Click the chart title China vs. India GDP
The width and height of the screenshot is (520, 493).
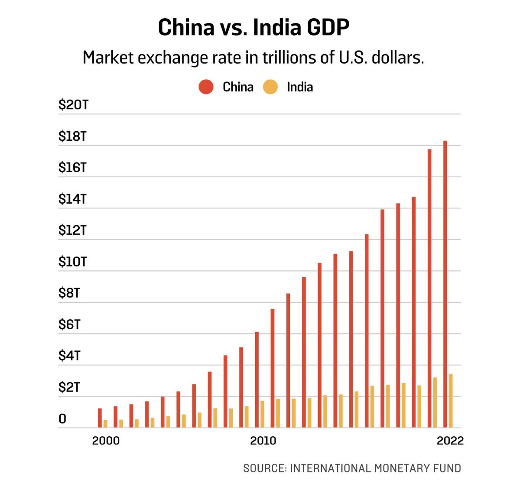[x=253, y=27]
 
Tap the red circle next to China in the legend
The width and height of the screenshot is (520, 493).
[x=206, y=87]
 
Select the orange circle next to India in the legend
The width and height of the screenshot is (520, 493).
[x=270, y=87]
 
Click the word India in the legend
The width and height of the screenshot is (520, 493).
[x=299, y=87]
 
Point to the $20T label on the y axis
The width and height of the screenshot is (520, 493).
[x=73, y=105]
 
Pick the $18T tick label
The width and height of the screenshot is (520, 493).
[x=72, y=136]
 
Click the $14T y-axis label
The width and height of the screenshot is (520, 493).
[x=72, y=199]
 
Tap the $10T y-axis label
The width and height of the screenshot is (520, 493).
[x=72, y=262]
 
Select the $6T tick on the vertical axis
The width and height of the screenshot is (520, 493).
[x=69, y=324]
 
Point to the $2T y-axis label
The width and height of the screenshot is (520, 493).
[x=69, y=387]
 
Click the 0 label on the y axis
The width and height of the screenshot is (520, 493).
[x=62, y=419]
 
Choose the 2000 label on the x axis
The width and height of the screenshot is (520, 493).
[x=106, y=441]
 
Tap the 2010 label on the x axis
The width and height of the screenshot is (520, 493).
[x=263, y=441]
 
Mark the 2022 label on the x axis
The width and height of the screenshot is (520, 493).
[x=450, y=441]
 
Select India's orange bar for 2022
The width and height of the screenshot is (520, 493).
[x=451, y=401]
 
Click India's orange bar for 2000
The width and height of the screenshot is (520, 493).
[x=105, y=424]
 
